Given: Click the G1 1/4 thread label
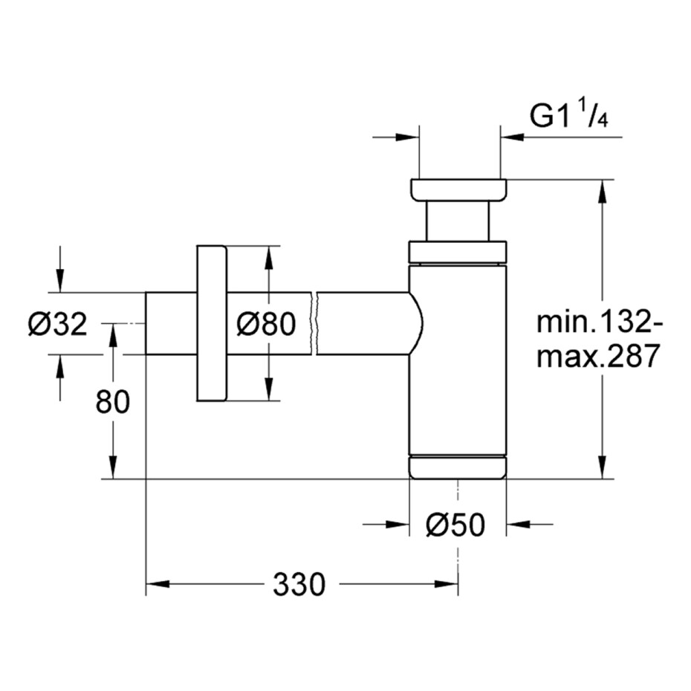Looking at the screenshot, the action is point(569,116).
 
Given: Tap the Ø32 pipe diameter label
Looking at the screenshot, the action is point(58,325).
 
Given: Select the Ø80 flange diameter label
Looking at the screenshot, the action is point(266,325).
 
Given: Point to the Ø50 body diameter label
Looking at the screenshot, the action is point(455,525).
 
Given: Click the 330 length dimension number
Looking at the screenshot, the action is point(299,584).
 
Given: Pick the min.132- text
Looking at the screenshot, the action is point(599,322).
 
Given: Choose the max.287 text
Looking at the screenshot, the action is point(597,356).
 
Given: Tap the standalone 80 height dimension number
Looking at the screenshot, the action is point(113,401).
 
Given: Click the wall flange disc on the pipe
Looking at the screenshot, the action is point(212,323).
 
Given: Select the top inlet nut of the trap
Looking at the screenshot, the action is point(458,190).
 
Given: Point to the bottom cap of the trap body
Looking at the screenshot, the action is point(458,468).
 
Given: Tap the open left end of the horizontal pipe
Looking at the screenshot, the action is point(146,323).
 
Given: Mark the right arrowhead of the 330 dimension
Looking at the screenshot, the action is point(447,584).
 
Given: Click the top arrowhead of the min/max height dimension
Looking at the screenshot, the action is point(602,191).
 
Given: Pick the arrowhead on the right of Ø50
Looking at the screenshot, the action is point(518,525).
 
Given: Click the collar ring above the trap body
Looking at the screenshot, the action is point(458,253).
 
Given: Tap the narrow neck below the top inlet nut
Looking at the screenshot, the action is point(458,221).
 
